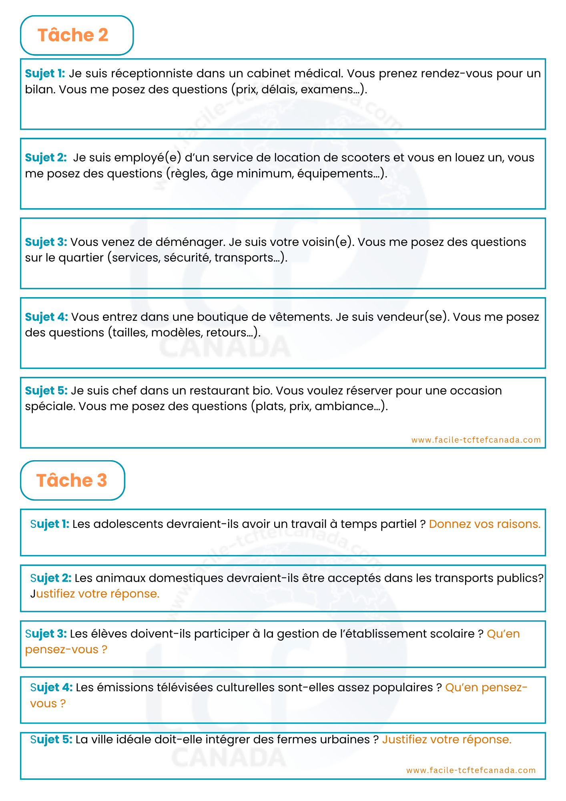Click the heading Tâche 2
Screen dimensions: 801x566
(73, 35)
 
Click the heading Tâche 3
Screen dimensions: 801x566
(72, 481)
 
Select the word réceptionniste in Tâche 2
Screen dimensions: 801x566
(152, 74)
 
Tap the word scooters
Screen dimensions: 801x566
(365, 158)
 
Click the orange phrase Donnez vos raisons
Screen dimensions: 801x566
(484, 524)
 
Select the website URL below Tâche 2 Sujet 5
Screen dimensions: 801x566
(476, 440)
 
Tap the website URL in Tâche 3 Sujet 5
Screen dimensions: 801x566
(471, 770)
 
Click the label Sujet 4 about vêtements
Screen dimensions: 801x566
(46, 317)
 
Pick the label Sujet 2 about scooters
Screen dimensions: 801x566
(46, 158)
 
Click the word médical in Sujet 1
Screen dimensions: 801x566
(318, 74)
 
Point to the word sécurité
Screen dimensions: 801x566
(187, 258)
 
